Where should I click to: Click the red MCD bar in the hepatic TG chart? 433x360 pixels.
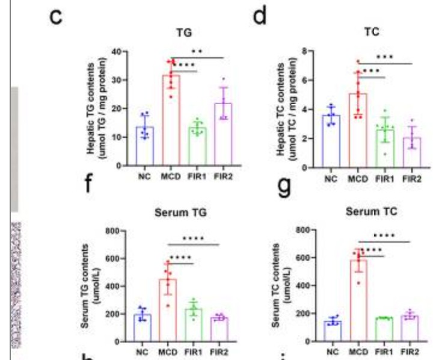click(x=170, y=120)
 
